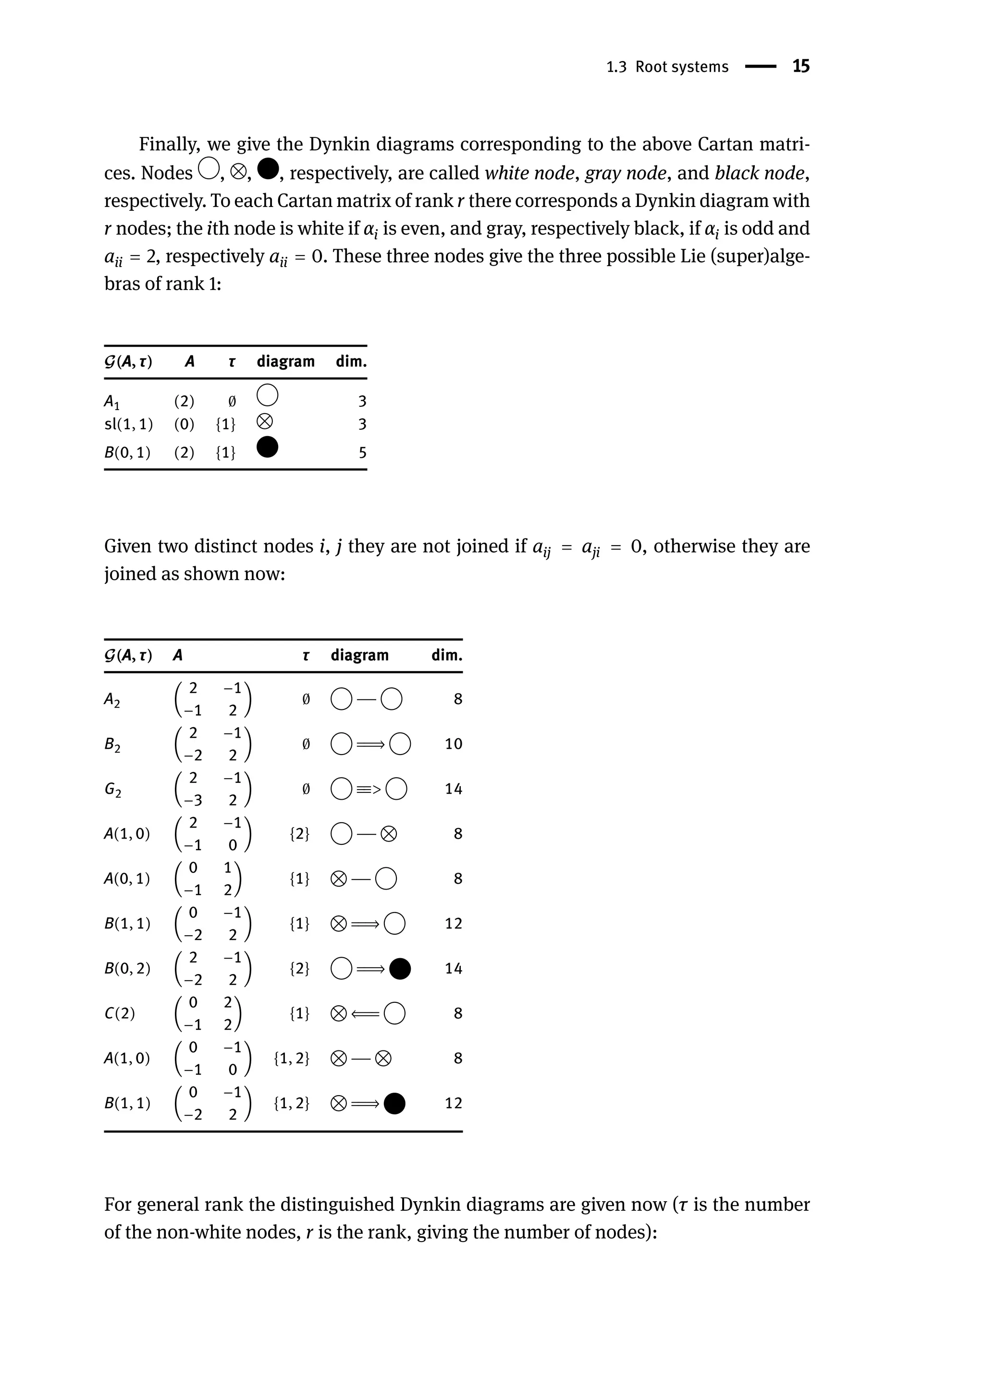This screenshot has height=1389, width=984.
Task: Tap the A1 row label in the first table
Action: click(x=112, y=401)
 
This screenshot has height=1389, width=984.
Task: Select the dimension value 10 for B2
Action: click(x=453, y=744)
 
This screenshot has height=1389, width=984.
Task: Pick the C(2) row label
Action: click(x=119, y=1013)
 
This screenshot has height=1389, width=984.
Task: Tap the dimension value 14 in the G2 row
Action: click(x=453, y=789)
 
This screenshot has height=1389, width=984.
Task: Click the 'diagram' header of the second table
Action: click(x=359, y=656)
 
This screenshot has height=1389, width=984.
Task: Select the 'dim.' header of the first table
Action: click(x=351, y=362)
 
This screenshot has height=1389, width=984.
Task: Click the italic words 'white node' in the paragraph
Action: click(x=529, y=173)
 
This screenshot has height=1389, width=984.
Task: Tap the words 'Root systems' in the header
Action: click(x=682, y=67)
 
